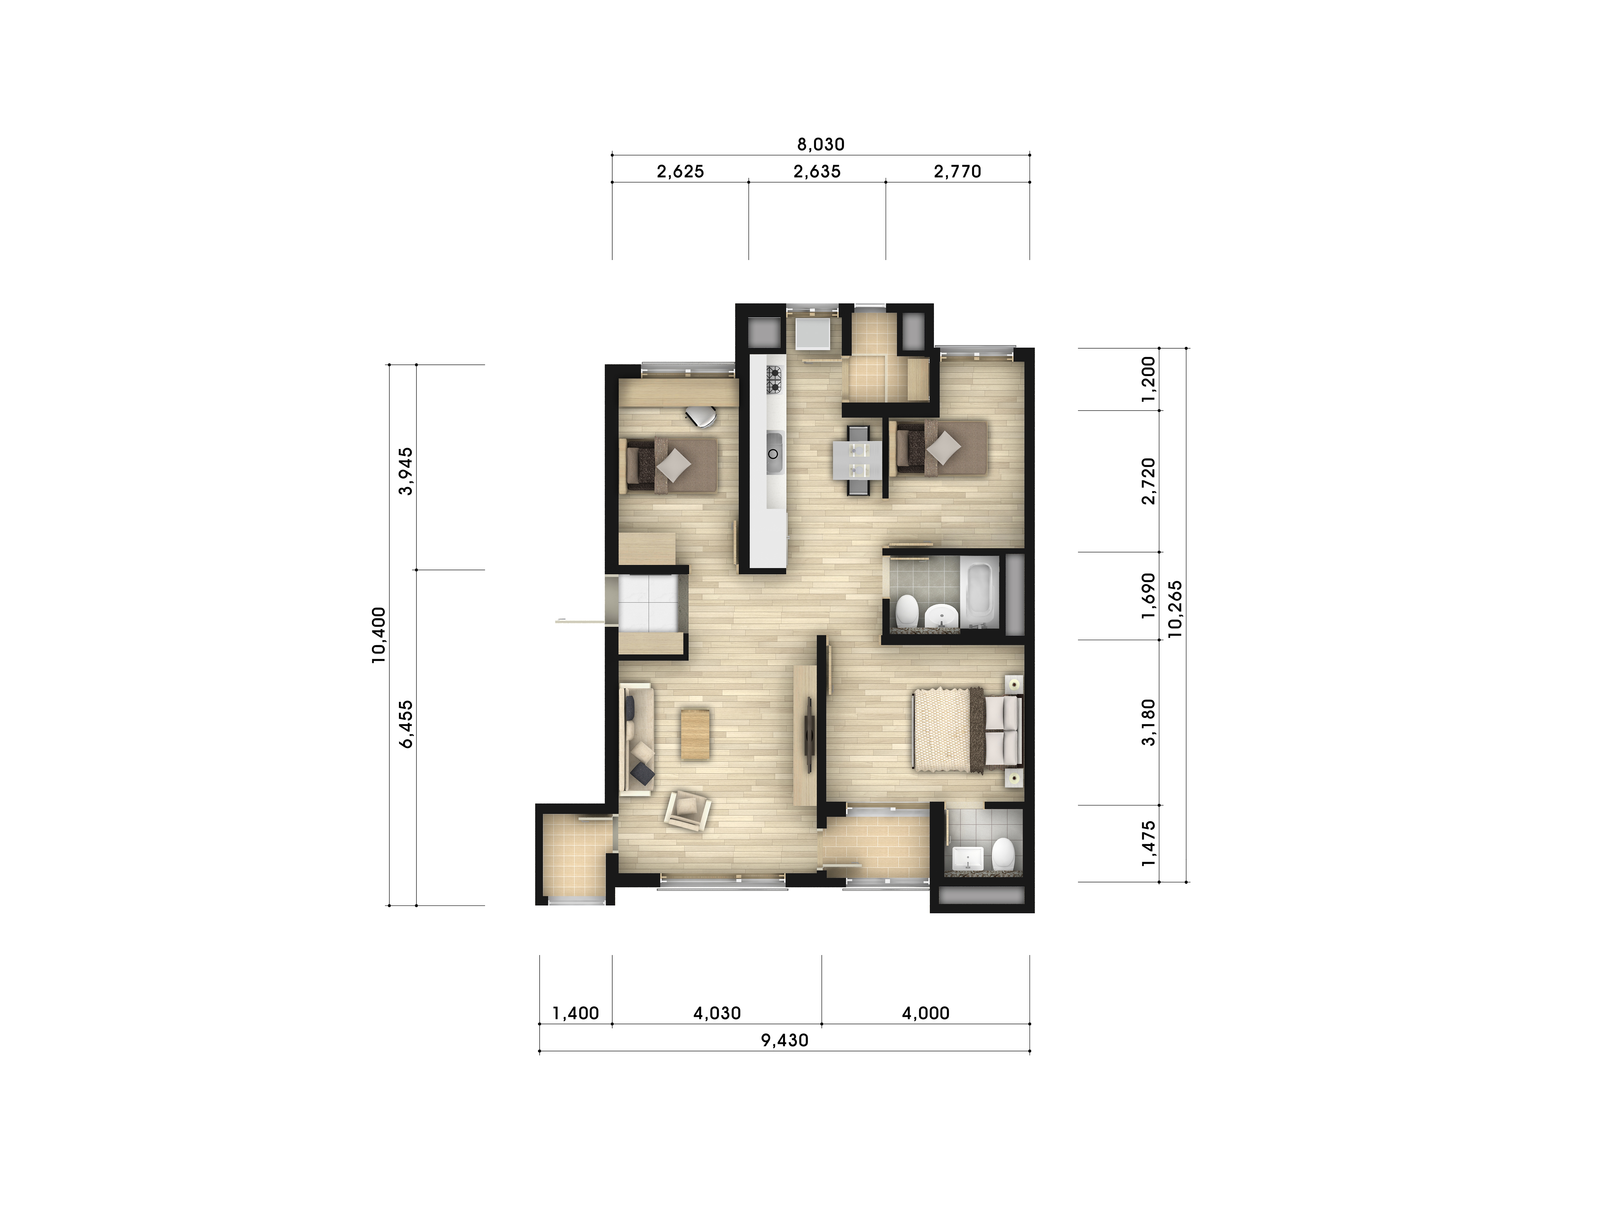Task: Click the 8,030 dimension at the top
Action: tap(821, 144)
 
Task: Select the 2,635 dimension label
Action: tap(817, 171)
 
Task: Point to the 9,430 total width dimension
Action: tap(785, 1040)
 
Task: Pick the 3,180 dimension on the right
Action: tap(1148, 722)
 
